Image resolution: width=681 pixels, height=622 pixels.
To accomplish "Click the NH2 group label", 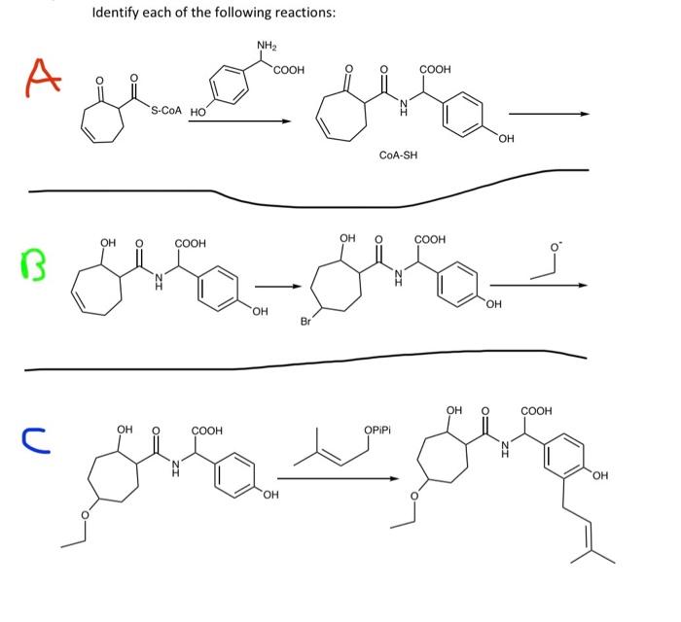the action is pos(266,45).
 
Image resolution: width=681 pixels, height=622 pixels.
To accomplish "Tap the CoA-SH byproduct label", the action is pos(398,155).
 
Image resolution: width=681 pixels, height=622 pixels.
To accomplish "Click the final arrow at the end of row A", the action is pos(550,113).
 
